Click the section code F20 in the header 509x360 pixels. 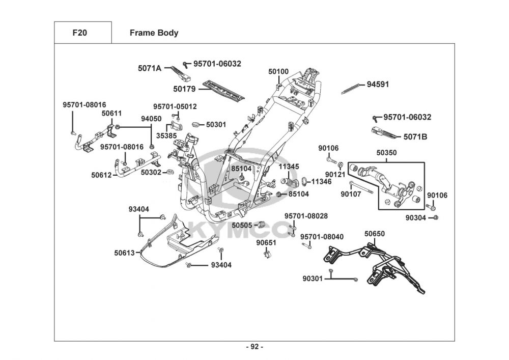pyautogui.click(x=80, y=33)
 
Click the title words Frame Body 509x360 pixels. pyautogui.click(x=154, y=33)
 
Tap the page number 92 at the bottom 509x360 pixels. pyautogui.click(x=254, y=347)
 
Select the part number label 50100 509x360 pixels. pyautogui.click(x=278, y=72)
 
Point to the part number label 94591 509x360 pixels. pyautogui.click(x=378, y=85)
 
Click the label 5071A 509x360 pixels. pyautogui.click(x=149, y=68)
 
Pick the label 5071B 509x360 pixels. pyautogui.click(x=415, y=137)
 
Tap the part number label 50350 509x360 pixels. pyautogui.click(x=387, y=152)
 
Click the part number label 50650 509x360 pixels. pyautogui.click(x=375, y=234)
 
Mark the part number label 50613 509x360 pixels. pyautogui.click(x=124, y=252)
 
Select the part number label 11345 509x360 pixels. pyautogui.click(x=289, y=167)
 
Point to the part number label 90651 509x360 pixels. pyautogui.click(x=266, y=243)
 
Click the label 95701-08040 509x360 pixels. pyautogui.click(x=322, y=237)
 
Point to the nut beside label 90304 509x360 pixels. pyautogui.click(x=437, y=218)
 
